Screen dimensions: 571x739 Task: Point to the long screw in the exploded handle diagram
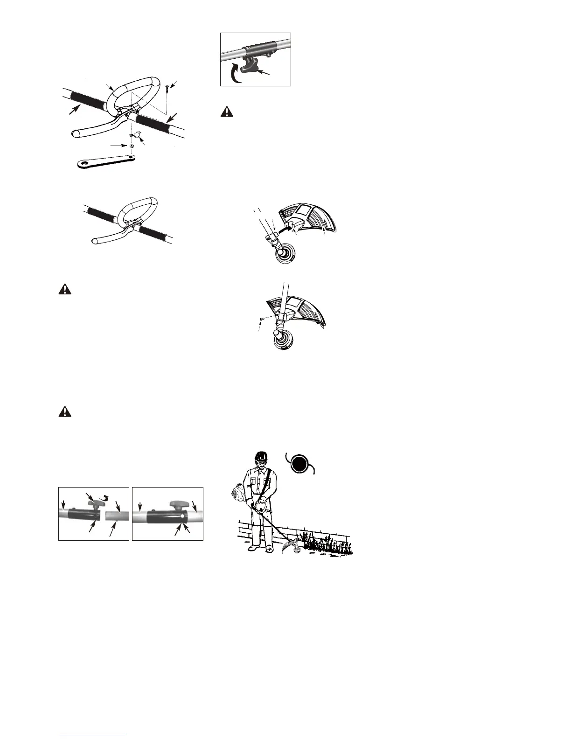click(167, 89)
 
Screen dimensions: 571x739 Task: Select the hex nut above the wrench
click(132, 146)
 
